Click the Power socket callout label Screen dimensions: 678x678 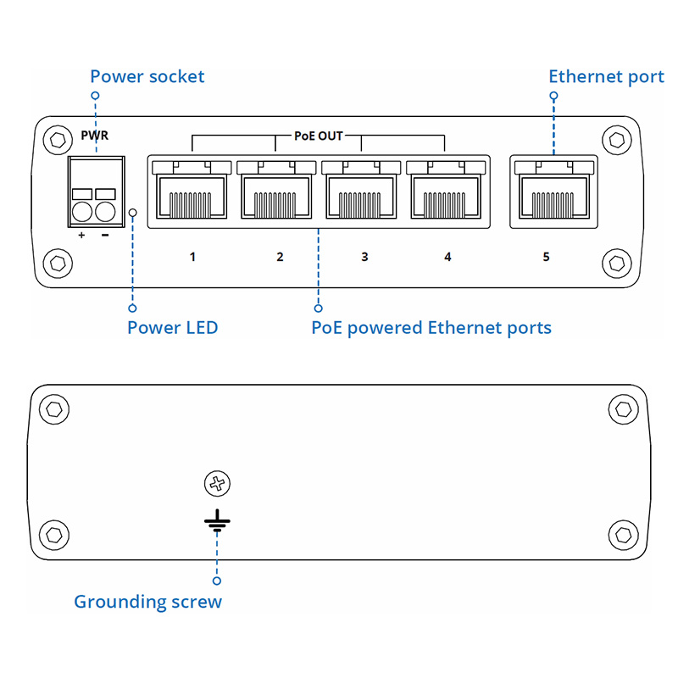(x=147, y=77)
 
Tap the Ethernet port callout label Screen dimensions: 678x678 (x=606, y=77)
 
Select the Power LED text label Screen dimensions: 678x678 (x=173, y=327)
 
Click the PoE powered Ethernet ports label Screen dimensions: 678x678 (x=431, y=327)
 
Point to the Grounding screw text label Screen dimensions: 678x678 (x=147, y=602)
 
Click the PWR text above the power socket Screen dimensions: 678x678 (x=94, y=136)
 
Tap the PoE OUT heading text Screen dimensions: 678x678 (x=318, y=136)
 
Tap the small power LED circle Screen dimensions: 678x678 (x=132, y=212)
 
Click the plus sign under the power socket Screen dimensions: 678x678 (x=81, y=235)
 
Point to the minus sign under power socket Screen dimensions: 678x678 (x=104, y=235)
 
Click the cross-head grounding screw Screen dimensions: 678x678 (x=218, y=485)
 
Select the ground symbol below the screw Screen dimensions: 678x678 (x=218, y=520)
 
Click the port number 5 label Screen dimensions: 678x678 (x=546, y=256)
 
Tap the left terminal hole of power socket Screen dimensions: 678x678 (x=82, y=210)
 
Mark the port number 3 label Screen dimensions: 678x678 (x=364, y=256)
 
